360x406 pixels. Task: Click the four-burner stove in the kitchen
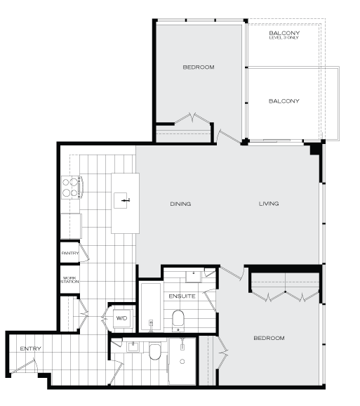click(x=71, y=188)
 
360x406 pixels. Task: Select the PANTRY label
click(x=69, y=253)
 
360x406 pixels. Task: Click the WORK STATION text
click(x=69, y=280)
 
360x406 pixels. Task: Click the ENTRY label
click(x=29, y=348)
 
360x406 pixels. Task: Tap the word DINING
click(x=180, y=204)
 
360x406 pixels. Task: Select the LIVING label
click(x=269, y=204)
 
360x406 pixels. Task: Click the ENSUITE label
click(x=181, y=296)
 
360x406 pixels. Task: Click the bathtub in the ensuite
click(x=150, y=306)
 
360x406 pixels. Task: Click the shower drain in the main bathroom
click(x=182, y=362)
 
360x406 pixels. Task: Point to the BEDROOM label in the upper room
click(x=198, y=67)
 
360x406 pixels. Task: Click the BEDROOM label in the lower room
click(x=269, y=338)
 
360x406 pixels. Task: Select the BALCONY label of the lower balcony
click(x=284, y=101)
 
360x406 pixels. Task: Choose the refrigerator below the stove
click(x=70, y=225)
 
